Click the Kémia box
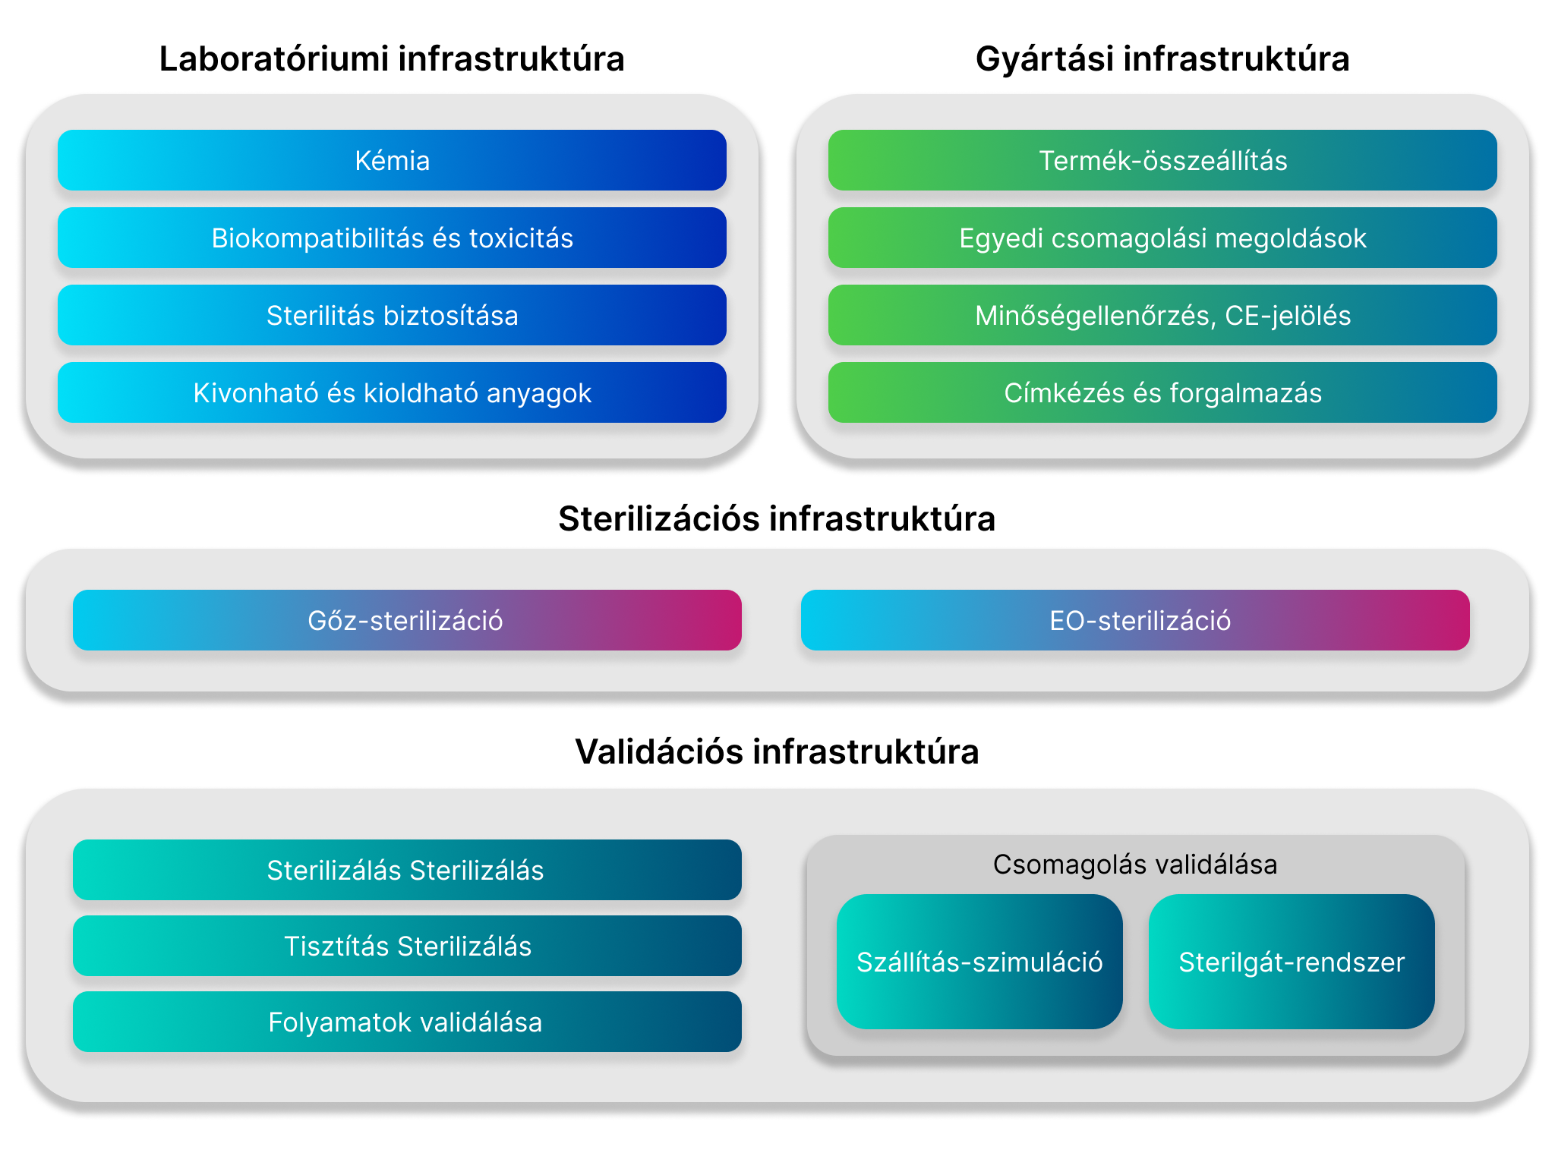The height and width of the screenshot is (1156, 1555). tap(392, 160)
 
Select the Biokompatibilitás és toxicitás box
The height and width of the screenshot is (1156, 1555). tap(392, 238)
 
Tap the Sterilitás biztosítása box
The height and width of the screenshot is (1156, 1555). tap(392, 315)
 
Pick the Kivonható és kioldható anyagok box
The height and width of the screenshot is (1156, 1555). tap(392, 392)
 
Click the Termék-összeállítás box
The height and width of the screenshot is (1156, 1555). tap(1162, 160)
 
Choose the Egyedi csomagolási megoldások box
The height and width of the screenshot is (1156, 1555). tap(1162, 238)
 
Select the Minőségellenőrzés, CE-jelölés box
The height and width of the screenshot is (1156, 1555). tap(1162, 315)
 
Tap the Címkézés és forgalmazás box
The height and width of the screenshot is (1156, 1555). tap(1162, 392)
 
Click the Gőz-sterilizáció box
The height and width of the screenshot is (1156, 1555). tap(407, 620)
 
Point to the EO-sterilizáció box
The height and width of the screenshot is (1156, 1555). tap(1135, 620)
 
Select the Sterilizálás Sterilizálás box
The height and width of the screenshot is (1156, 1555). tap(407, 870)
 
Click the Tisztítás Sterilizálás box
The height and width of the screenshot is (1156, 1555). tap(407, 946)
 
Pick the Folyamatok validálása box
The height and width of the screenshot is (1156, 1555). tap(407, 1022)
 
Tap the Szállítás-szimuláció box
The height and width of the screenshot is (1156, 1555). tap(979, 962)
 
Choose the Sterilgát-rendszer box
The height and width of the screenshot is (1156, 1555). tap(1292, 962)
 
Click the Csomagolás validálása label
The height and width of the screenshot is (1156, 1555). tap(1135, 865)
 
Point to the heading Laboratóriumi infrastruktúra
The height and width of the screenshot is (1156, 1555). tap(392, 59)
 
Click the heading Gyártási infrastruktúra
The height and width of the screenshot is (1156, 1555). tap(1162, 59)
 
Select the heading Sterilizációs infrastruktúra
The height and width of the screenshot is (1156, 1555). tap(777, 519)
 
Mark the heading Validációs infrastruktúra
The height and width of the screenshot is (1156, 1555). tap(777, 752)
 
